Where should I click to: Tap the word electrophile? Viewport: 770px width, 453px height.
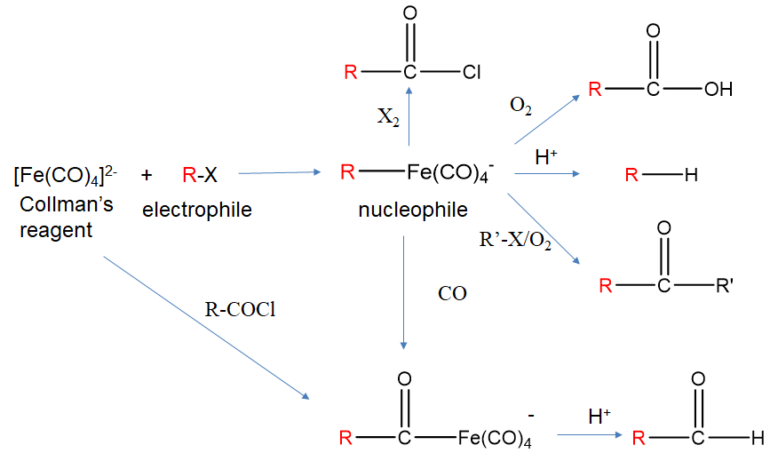point(197,211)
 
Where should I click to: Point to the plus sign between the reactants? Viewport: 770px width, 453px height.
point(147,175)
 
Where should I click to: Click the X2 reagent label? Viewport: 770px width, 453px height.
point(388,116)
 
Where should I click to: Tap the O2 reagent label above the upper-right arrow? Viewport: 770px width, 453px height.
point(521,107)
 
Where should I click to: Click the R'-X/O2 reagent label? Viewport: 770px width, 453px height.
point(515,241)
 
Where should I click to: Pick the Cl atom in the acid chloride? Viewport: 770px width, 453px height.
point(472,72)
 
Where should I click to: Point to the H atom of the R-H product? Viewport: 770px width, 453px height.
point(691,175)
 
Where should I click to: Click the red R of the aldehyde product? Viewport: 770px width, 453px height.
point(637,437)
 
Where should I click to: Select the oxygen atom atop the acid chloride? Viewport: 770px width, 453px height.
point(409,15)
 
